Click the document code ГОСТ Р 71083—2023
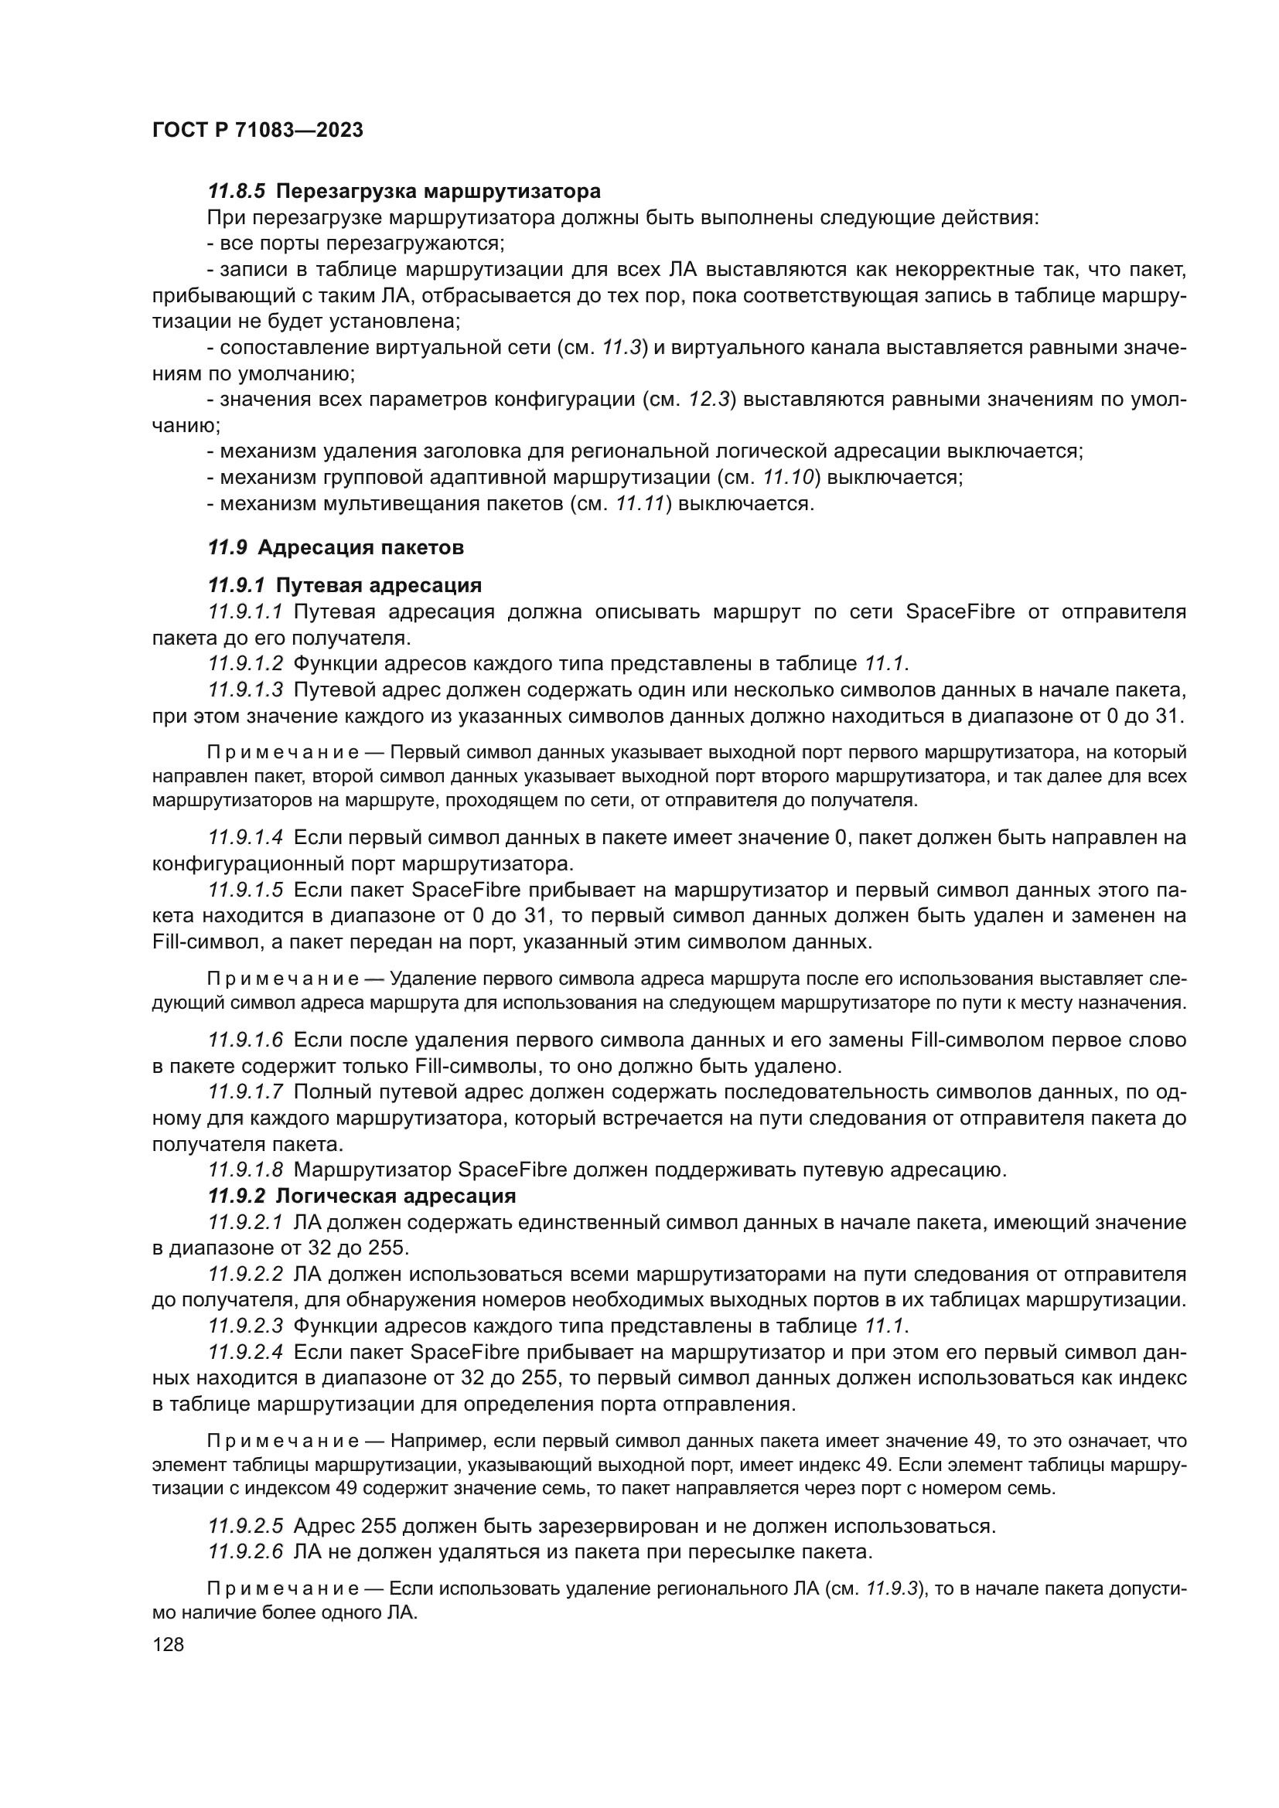pos(257,131)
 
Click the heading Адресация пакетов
pos(360,547)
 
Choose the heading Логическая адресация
pos(395,1196)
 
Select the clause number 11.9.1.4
pos(245,838)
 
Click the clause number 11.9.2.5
pos(245,1526)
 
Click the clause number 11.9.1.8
pos(245,1170)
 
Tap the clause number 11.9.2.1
pos(245,1222)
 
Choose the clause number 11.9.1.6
pos(245,1040)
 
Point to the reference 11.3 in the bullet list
pos(624,347)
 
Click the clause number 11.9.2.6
pos(245,1552)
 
